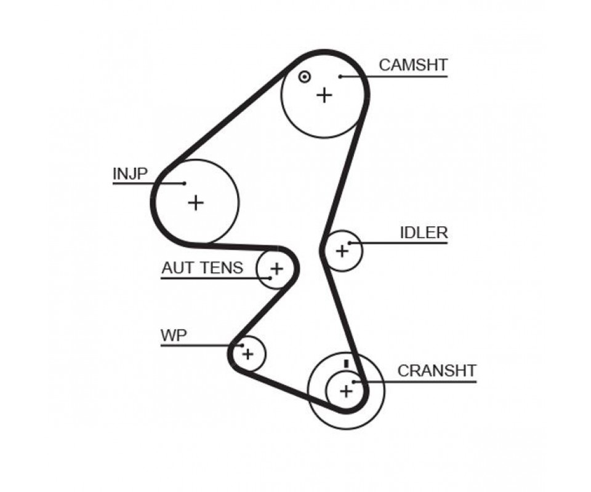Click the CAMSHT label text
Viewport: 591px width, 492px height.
click(x=413, y=65)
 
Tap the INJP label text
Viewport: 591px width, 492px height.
click(x=130, y=174)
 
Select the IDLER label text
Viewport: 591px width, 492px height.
click(x=424, y=232)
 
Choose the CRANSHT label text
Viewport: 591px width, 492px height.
click(x=436, y=370)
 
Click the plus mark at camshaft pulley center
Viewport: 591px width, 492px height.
click(x=324, y=95)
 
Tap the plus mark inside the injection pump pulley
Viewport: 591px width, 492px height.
click(x=195, y=202)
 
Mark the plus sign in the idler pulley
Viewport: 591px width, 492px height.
click(x=342, y=250)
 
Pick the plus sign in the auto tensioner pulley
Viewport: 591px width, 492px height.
click(x=276, y=268)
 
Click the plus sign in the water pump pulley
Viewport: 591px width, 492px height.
click(x=247, y=354)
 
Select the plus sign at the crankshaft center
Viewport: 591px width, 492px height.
click(x=346, y=390)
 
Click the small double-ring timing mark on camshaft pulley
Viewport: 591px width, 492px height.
click(x=304, y=77)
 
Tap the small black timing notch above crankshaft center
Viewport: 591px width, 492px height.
click(x=347, y=363)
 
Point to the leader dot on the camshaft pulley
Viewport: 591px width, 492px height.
click(x=340, y=77)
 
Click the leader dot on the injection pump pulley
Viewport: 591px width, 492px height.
click(x=184, y=183)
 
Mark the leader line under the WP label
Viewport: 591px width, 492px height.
click(x=197, y=346)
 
